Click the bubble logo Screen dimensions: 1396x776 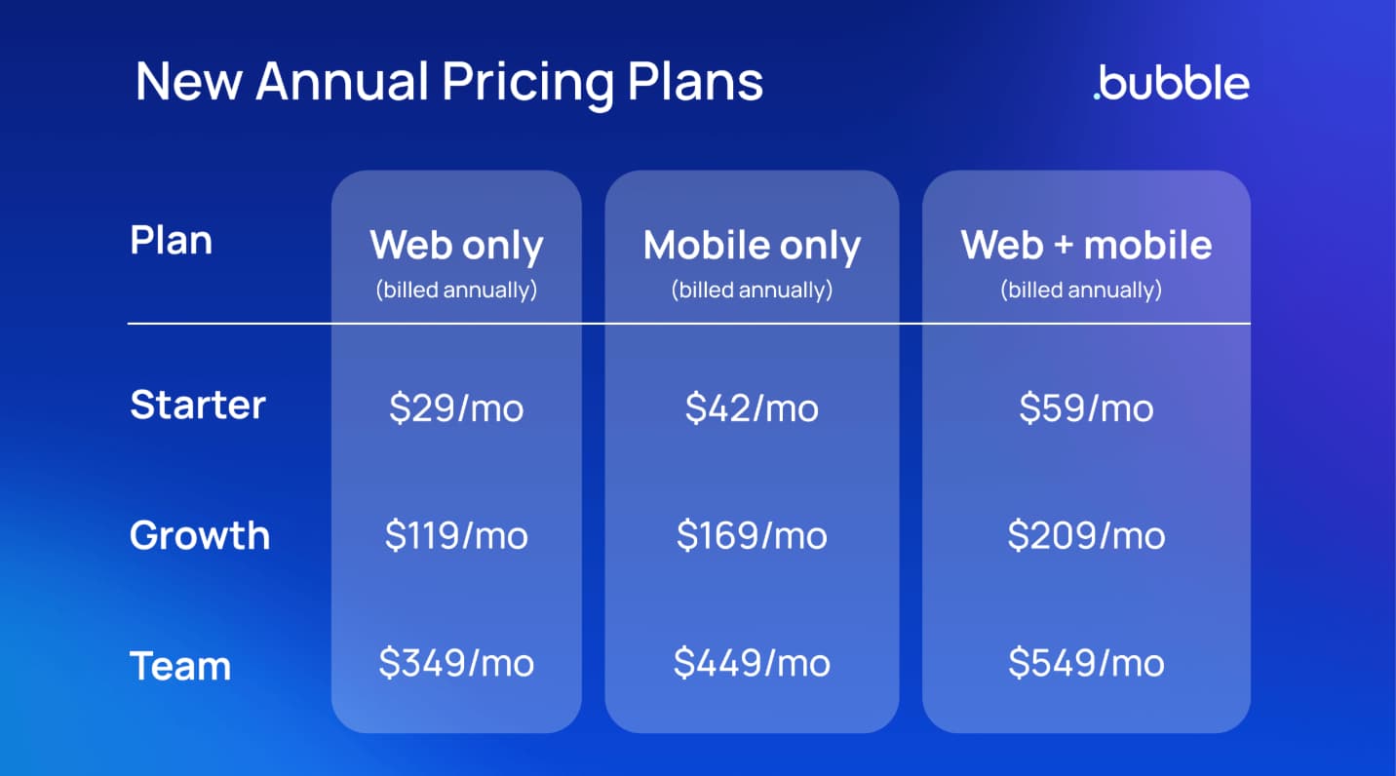click(1172, 82)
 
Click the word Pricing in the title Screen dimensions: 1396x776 click(528, 83)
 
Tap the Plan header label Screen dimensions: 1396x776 click(172, 241)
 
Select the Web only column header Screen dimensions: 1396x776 click(456, 246)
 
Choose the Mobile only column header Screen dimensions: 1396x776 click(752, 246)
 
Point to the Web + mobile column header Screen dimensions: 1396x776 click(1086, 245)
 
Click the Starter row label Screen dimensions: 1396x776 click(198, 405)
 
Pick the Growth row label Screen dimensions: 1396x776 click(200, 535)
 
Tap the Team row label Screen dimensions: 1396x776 click(180, 666)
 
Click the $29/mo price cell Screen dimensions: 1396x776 click(456, 408)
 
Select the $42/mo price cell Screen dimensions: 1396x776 click(752, 408)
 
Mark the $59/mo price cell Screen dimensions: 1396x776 click(1086, 408)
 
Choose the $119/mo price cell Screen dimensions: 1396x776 click(456, 535)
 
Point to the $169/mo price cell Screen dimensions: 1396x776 click(752, 535)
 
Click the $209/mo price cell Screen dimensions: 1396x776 click(1086, 535)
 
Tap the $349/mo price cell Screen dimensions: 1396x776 click(456, 663)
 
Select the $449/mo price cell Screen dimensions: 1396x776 click(752, 663)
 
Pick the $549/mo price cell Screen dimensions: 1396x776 click(1086, 663)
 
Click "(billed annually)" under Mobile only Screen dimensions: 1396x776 click(752, 290)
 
